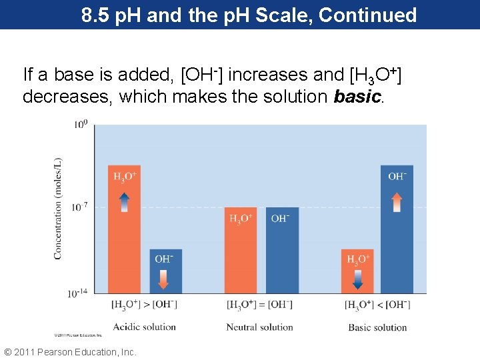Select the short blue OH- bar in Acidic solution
pyautogui.click(x=165, y=271)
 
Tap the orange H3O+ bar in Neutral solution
pyautogui.click(x=240, y=250)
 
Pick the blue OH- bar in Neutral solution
pyautogui.click(x=282, y=250)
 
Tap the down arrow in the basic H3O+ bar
pyautogui.click(x=357, y=278)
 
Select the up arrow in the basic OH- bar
pyautogui.click(x=397, y=202)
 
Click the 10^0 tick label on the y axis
pyautogui.click(x=80, y=125)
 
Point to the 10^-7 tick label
pyautogui.click(x=79, y=207)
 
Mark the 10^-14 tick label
pyautogui.click(x=78, y=292)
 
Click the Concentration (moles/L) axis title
pyautogui.click(x=59, y=208)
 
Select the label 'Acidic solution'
pyautogui.click(x=145, y=327)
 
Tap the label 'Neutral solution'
pyautogui.click(x=259, y=327)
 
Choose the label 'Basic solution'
pyautogui.click(x=377, y=327)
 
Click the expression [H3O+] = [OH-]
pyautogui.click(x=259, y=305)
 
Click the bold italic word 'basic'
pyautogui.click(x=357, y=97)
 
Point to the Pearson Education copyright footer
pyautogui.click(x=70, y=351)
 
